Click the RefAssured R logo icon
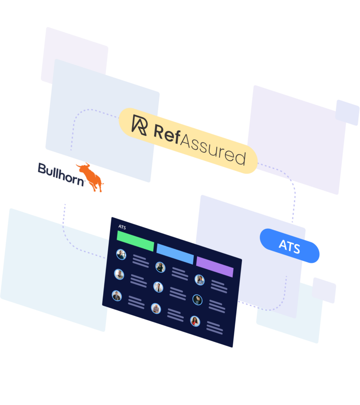(139, 125)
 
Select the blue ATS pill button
(290, 246)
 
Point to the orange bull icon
(91, 176)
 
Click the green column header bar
(135, 241)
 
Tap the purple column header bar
(215, 267)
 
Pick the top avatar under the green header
(121, 254)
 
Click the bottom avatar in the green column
(117, 295)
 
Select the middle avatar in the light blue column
(158, 287)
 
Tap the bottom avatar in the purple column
(195, 321)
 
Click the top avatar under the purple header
(200, 280)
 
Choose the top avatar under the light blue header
(160, 267)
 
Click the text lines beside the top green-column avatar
(140, 261)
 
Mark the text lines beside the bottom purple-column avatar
(214, 328)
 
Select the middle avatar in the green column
(119, 274)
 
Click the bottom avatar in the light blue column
(156, 308)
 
